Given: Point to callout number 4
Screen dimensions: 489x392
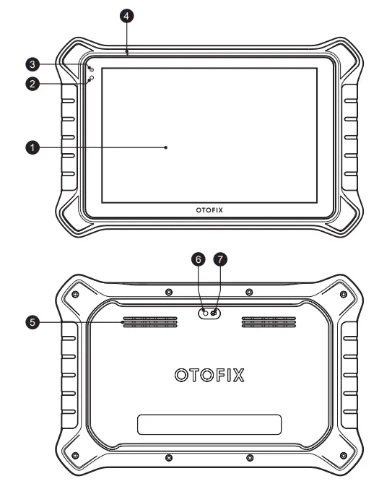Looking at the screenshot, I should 127,15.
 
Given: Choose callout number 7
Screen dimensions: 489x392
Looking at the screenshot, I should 222,258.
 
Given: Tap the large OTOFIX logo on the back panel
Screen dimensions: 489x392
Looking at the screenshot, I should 209,376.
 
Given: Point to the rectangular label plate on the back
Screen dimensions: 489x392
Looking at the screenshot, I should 209,424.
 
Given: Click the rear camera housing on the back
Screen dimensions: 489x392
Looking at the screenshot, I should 210,313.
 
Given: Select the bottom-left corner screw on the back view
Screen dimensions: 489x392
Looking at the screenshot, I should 76,454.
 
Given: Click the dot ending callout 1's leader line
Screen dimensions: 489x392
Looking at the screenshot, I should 166,147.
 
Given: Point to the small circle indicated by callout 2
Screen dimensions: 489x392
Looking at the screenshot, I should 92,77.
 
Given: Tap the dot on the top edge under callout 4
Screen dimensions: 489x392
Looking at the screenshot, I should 127,52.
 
